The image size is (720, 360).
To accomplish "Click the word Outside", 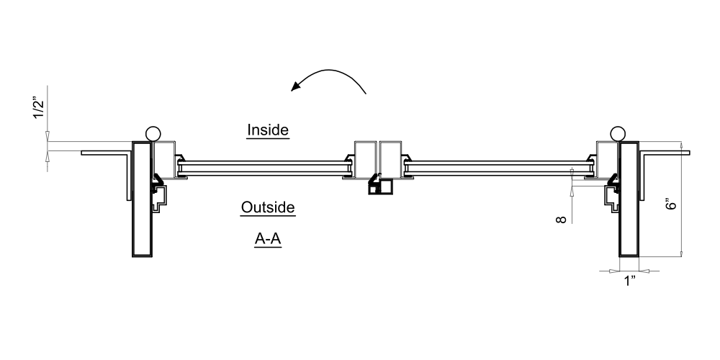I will point(268,207).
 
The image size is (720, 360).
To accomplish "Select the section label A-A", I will point(268,240).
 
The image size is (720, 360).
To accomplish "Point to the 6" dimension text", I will point(672,203).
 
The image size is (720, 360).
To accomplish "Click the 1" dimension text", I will point(630,281).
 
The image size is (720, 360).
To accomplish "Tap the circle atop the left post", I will point(152,133).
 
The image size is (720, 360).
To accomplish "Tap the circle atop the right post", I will point(617,133).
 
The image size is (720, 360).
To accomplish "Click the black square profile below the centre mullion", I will point(381,188).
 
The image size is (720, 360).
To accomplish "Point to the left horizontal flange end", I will point(85,153).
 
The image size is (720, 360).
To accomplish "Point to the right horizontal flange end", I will point(686,153).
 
